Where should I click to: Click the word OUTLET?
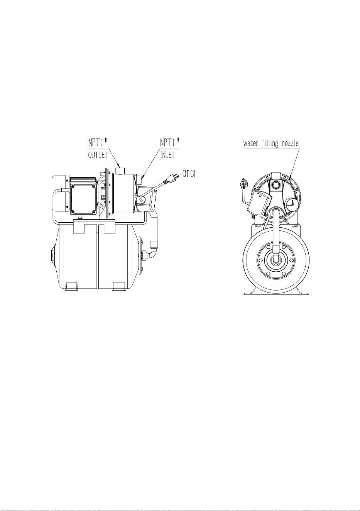pos(98,155)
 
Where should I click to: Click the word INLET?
pos(168,155)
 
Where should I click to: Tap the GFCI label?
pos(189,174)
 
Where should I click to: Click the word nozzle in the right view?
pos(290,143)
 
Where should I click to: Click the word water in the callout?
pos(251,144)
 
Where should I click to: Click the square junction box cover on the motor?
pos(83,198)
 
